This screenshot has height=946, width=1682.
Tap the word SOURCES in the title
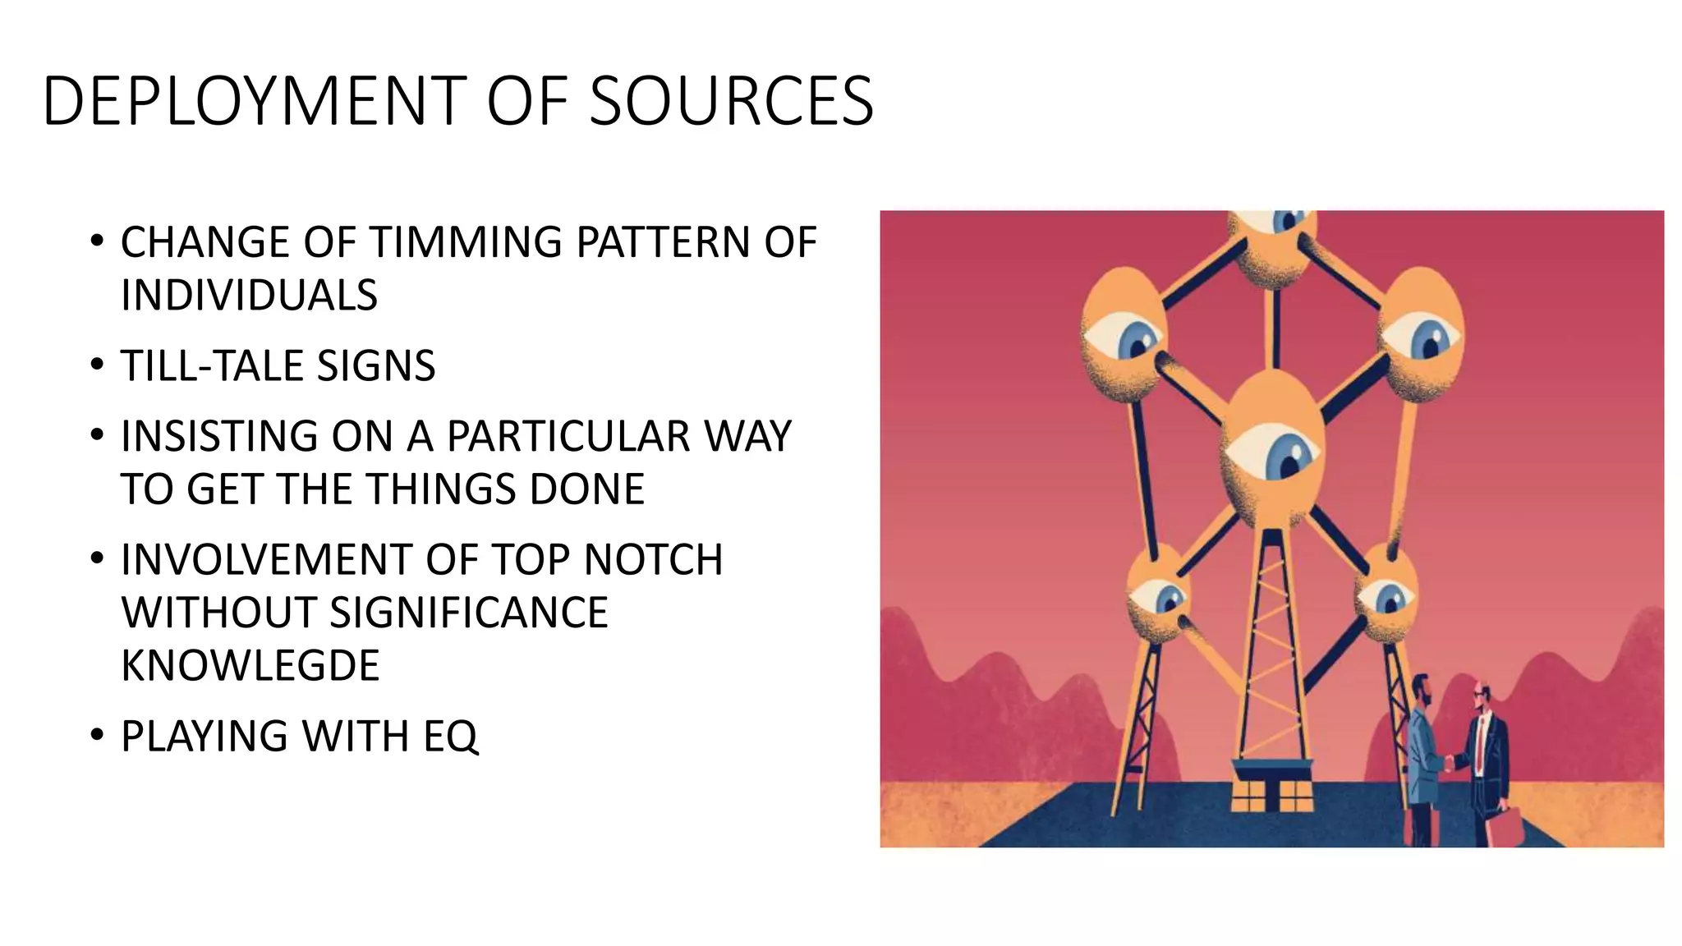pos(732,101)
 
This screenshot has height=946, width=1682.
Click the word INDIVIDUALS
pos(249,295)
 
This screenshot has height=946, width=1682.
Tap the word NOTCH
pos(653,560)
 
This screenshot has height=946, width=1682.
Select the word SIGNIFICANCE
pos(469,613)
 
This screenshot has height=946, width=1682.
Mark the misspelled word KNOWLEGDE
pos(250,665)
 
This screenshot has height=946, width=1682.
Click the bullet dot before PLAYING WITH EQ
pos(98,734)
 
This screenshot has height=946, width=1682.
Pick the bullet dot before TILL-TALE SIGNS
pos(98,364)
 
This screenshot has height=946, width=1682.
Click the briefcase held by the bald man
pos(1510,827)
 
